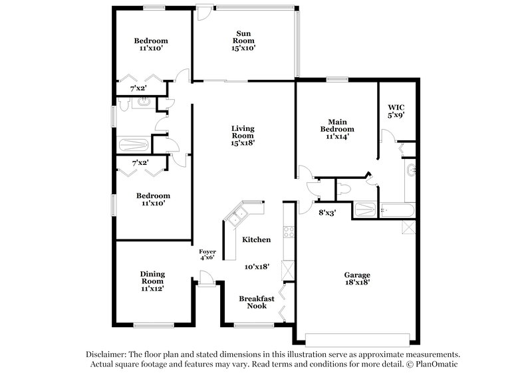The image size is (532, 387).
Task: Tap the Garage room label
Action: pos(356,275)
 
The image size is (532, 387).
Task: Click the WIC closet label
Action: pos(396,106)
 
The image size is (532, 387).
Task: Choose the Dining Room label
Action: pos(152,277)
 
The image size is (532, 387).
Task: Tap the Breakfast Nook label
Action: pos(253,302)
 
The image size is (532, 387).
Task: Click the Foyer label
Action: pos(207,251)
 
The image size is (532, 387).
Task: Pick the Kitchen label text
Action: pos(255,239)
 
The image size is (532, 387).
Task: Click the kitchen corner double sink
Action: pos(237,215)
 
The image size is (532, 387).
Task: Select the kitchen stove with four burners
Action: pos(289,232)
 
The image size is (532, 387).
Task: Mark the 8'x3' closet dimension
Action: pos(326,213)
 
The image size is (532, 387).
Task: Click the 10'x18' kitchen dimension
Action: pos(256,266)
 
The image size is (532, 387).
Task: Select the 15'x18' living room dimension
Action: pos(243,142)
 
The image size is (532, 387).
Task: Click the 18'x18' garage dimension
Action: pos(356,282)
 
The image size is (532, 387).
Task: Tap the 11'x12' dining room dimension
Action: pos(152,289)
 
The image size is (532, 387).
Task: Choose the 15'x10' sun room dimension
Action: pos(245,47)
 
